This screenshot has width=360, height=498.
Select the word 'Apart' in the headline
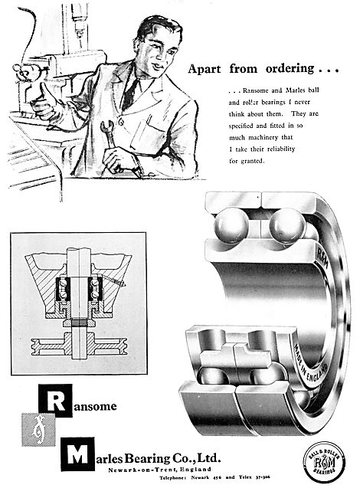[x=207, y=68]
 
